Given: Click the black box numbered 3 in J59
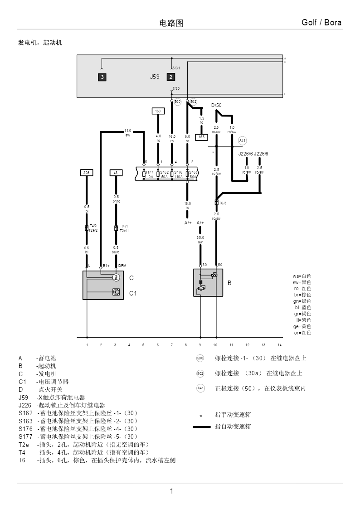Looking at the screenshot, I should [102, 77].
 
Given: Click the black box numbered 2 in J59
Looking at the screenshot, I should [171, 77].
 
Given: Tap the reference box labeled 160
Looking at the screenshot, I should [158, 111].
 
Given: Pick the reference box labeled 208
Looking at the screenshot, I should [87, 173].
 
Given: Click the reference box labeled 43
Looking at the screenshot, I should [116, 173].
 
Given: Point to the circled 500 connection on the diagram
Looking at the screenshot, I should [177, 102].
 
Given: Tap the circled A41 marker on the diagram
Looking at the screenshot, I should [243, 141].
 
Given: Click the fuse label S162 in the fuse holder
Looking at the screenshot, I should [164, 172].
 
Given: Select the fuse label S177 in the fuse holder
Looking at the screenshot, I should [149, 172].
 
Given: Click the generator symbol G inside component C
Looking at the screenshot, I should [116, 277].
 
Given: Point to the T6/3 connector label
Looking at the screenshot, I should [223, 203].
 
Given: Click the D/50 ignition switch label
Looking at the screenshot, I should [216, 106].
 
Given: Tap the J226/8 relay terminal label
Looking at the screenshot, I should [261, 154].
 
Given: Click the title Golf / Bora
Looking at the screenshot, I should [321, 23].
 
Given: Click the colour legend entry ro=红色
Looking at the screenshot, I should [302, 288].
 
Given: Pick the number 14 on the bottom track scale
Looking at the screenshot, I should [279, 345].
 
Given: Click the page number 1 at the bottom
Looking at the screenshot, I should [171, 491].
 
